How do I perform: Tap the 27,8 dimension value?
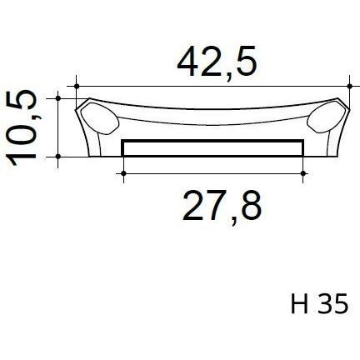click(222, 207)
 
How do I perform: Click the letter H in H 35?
click(299, 303)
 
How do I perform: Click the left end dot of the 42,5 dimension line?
click(77, 86)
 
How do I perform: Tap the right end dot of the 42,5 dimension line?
click(350, 86)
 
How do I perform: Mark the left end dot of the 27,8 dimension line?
click(123, 173)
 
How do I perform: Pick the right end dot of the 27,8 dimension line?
click(303, 173)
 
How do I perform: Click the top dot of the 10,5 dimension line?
click(58, 98)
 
